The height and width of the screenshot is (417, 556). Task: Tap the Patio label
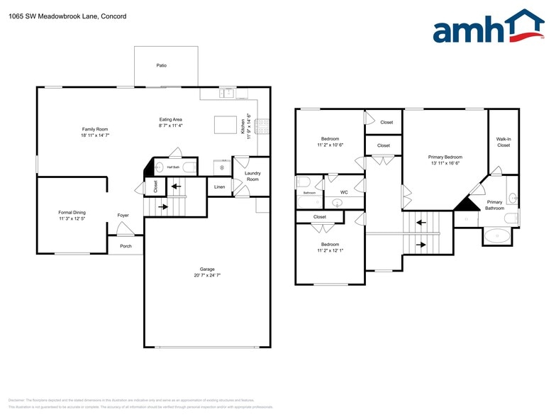coord(162,65)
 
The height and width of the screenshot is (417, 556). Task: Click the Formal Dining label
coord(72,212)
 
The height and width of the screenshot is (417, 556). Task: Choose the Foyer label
coord(123,215)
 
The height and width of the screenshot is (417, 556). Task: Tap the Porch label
coord(126,246)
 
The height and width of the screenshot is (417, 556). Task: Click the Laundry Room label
coord(252,176)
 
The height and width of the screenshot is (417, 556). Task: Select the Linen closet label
coord(219,187)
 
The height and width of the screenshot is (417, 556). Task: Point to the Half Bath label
coord(173,167)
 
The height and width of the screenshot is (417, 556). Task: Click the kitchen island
coord(226,125)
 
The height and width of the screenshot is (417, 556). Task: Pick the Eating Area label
coord(171,119)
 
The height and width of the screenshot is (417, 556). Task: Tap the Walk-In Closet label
coord(504,142)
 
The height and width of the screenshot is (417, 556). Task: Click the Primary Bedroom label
coord(445,157)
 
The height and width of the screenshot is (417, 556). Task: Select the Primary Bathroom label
coord(494,205)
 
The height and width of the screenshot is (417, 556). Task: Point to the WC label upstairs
coord(343,192)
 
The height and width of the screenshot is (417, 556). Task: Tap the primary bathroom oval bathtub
coord(501,235)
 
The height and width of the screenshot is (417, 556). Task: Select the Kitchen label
coord(243,127)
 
